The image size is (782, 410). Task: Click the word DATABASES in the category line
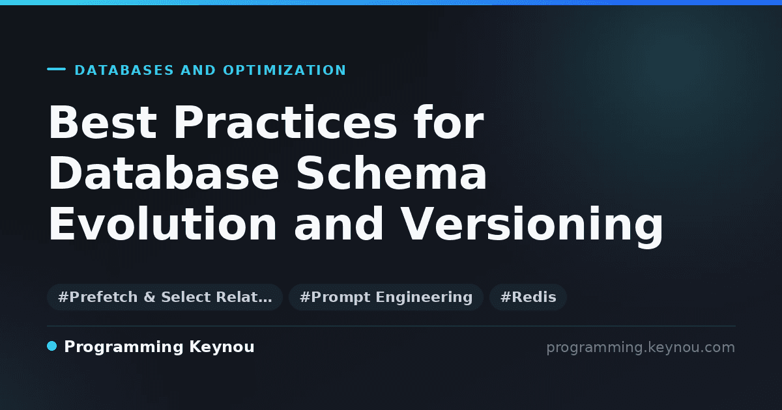click(124, 70)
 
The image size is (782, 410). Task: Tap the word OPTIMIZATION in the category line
click(285, 70)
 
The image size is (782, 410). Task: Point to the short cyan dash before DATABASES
click(56, 69)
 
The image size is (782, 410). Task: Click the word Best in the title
click(103, 122)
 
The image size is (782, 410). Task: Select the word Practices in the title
click(285, 122)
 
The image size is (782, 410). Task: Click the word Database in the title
click(164, 172)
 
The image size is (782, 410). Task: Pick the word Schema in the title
click(391, 172)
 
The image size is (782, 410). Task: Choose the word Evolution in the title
click(163, 223)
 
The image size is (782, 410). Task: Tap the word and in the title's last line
click(338, 223)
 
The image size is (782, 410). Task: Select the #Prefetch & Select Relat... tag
click(165, 297)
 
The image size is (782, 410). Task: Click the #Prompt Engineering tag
click(386, 297)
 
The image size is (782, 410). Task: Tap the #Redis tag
click(529, 297)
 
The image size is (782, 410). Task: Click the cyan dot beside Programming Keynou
click(51, 346)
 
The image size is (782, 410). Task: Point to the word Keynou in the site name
click(222, 348)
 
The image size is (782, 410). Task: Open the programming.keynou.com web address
click(641, 348)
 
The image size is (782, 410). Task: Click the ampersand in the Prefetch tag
click(149, 297)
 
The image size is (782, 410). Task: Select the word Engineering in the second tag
click(424, 298)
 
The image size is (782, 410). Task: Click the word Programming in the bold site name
click(124, 348)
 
